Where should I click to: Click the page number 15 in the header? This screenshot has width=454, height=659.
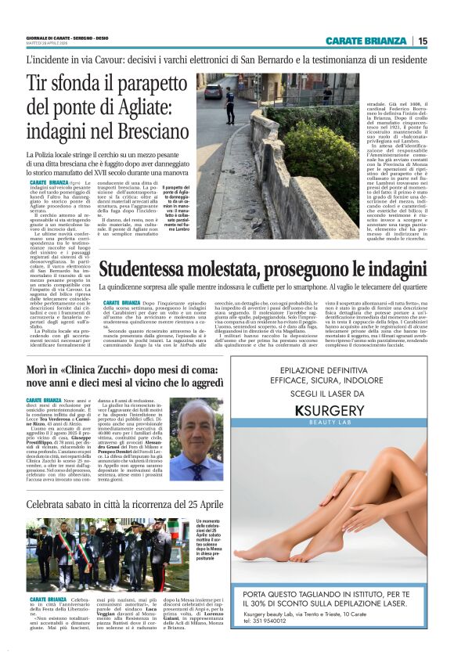pyautogui.click(x=423, y=41)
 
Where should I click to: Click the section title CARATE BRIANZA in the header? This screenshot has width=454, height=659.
pyautogui.click(x=367, y=41)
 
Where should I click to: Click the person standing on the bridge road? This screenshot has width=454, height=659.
pyautogui.click(x=229, y=104)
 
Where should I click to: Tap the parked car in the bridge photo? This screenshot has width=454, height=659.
pyautogui.click(x=214, y=91)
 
